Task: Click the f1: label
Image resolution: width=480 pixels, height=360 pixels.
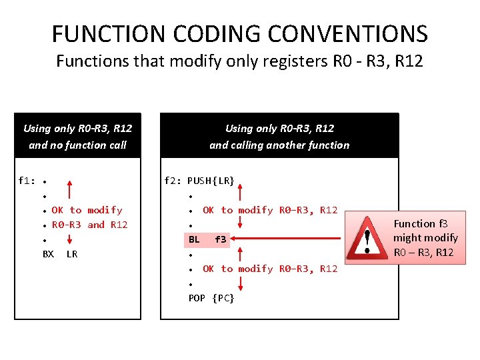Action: tap(27, 181)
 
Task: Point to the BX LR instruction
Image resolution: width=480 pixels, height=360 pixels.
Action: tap(60, 254)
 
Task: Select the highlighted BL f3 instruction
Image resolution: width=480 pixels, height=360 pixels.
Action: tap(207, 239)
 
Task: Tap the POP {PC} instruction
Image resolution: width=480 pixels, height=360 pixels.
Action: tap(211, 298)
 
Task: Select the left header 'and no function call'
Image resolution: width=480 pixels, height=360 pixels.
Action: tap(77, 145)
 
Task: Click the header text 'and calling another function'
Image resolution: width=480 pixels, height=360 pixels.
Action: tap(279, 145)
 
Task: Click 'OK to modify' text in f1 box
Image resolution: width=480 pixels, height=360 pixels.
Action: tap(87, 210)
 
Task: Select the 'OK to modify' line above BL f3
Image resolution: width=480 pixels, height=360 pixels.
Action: tap(270, 210)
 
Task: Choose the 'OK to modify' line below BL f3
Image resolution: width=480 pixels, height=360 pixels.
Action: tap(270, 269)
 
